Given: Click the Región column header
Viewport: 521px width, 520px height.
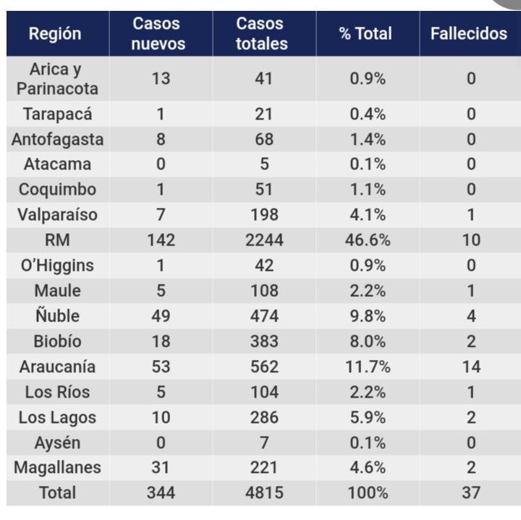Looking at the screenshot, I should (x=56, y=34).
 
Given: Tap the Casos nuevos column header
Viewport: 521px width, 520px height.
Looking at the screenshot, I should (x=160, y=34).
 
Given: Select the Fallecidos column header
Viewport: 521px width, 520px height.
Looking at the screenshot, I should (x=469, y=34).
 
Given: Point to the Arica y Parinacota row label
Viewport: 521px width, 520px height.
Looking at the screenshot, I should (x=56, y=79).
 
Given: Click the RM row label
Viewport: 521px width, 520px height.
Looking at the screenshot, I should (x=56, y=240).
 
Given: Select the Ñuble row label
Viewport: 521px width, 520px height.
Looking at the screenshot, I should (x=56, y=316).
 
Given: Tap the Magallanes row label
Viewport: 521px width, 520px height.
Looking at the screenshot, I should (x=56, y=467).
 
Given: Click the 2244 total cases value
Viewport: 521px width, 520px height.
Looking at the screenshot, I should (x=263, y=240).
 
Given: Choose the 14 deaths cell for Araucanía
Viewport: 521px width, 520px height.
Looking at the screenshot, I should (x=470, y=366).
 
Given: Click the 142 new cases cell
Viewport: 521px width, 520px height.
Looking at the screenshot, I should (x=160, y=240).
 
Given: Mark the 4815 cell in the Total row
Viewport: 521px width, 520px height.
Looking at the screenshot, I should (x=263, y=493).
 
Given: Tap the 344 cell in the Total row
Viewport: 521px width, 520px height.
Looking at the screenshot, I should (x=160, y=493).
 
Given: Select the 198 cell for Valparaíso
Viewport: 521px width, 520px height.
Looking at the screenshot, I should (x=263, y=215).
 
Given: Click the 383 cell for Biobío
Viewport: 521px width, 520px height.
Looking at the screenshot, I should (x=263, y=341).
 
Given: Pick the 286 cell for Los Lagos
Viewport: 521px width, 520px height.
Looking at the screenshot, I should (x=263, y=417).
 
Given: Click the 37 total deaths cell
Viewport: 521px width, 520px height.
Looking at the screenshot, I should (x=470, y=493).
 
